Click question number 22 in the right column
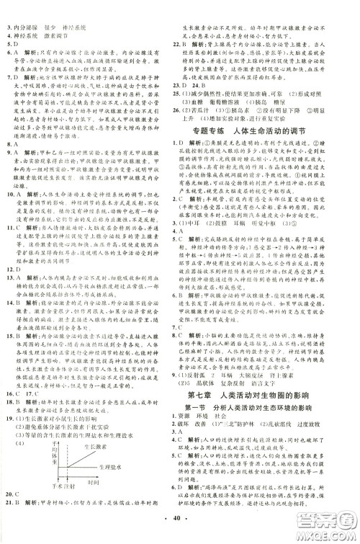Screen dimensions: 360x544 click(x=191, y=44)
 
